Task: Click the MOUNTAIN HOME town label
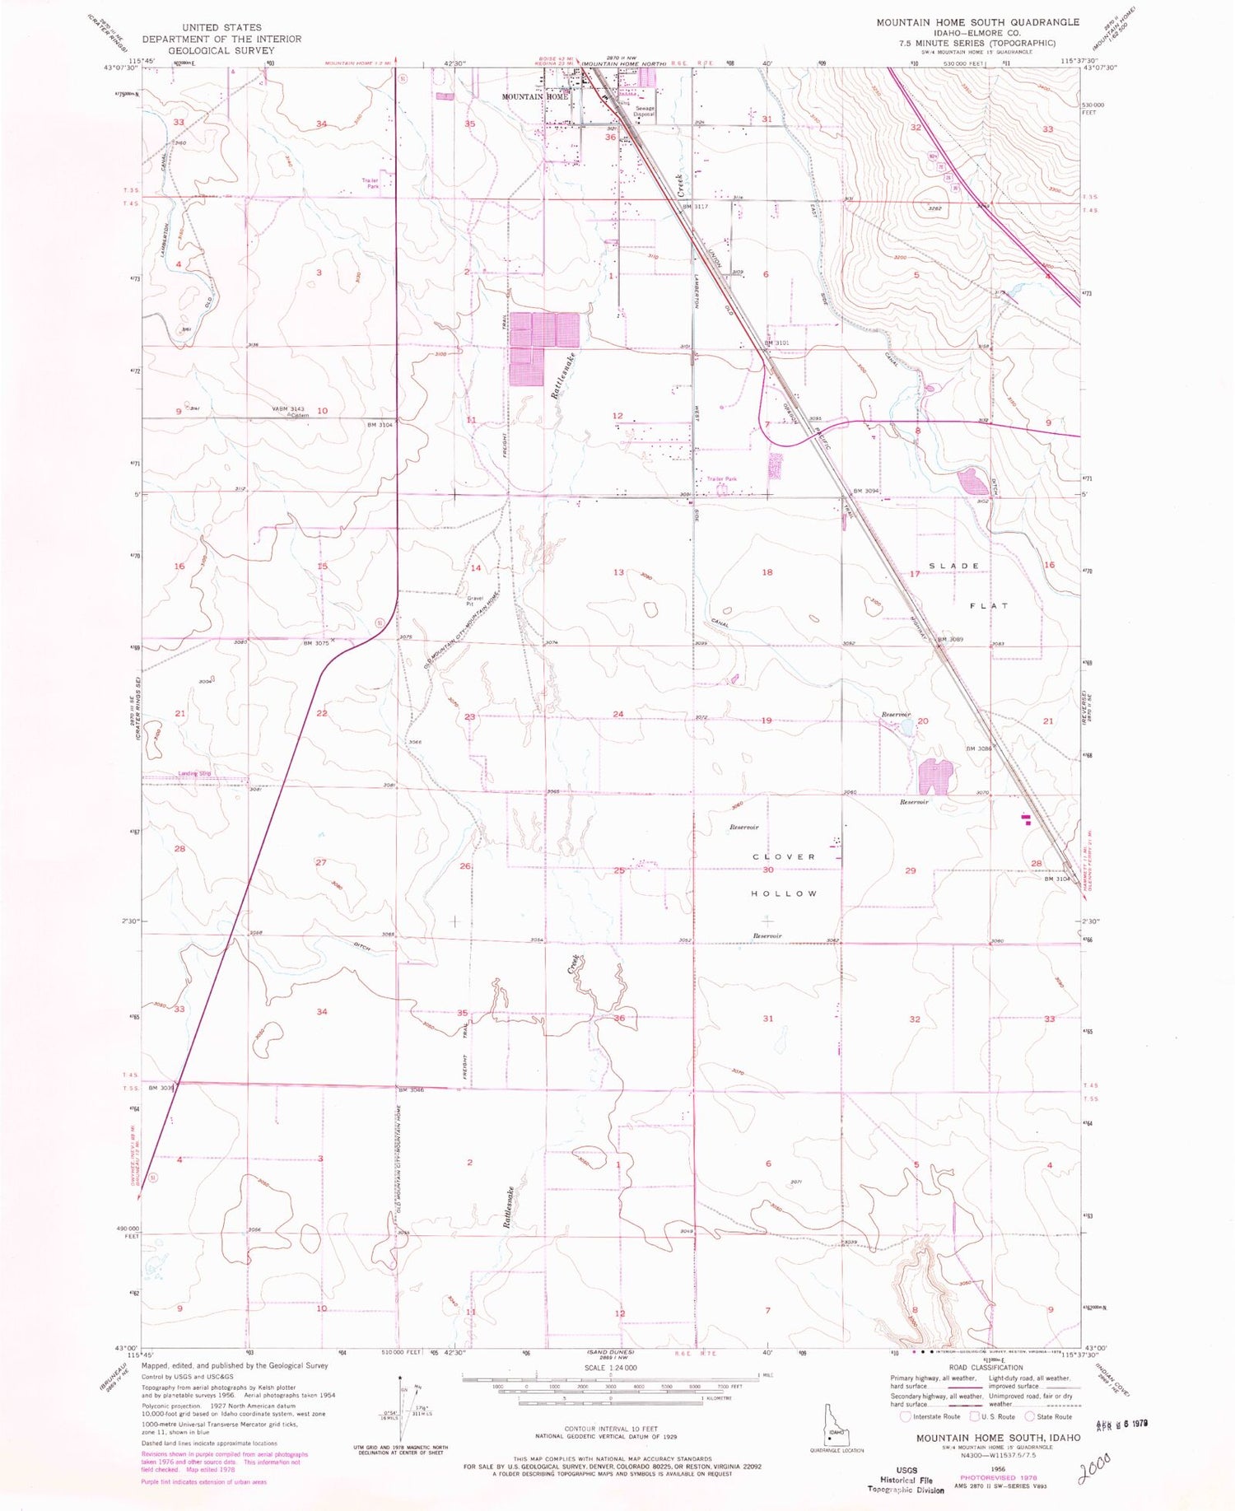(x=535, y=96)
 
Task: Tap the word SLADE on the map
(x=954, y=566)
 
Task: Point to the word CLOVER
(x=784, y=856)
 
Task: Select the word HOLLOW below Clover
(x=784, y=893)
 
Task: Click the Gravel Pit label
(x=475, y=601)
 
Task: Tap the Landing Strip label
(x=195, y=773)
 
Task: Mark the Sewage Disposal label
(x=644, y=111)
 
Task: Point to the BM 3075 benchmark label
(x=316, y=643)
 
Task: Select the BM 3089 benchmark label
(x=949, y=640)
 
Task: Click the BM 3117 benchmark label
(x=696, y=207)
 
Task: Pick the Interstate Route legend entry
(x=930, y=1416)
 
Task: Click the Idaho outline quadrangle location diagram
(x=837, y=1434)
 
